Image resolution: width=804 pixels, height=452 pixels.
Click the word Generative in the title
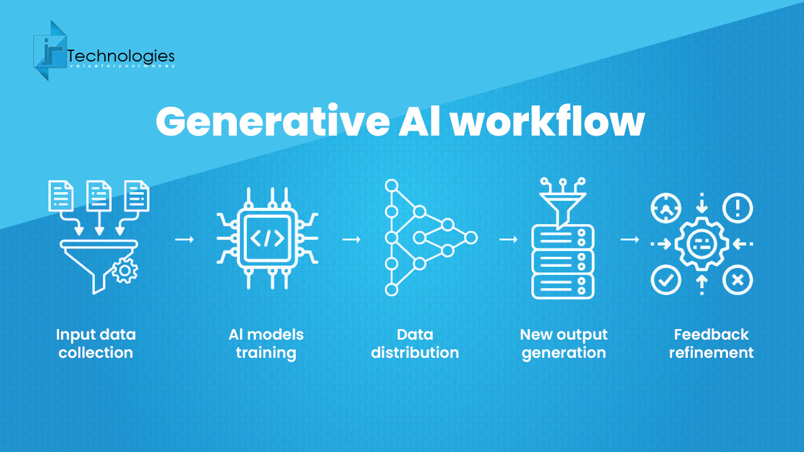point(273,122)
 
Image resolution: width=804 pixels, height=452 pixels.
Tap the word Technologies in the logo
point(121,56)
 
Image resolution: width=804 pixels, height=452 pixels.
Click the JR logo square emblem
point(50,51)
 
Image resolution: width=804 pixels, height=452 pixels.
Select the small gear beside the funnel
point(124,271)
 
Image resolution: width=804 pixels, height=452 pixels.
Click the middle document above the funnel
point(99,195)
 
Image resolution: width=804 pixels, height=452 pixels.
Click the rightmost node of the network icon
point(471,237)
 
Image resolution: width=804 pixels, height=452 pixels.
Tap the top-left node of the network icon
point(391,186)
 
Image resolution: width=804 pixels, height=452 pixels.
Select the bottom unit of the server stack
point(562,286)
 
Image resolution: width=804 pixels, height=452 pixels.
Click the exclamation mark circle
point(737,208)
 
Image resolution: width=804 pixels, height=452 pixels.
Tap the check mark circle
point(666,280)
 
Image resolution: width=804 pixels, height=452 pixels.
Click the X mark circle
point(737,280)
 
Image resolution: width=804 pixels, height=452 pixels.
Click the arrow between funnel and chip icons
point(185,239)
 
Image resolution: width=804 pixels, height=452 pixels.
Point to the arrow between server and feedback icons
point(630,239)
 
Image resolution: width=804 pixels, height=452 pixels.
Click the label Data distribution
point(415,343)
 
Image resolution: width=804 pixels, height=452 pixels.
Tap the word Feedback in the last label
point(711,335)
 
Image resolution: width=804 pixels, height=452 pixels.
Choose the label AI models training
point(266,343)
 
